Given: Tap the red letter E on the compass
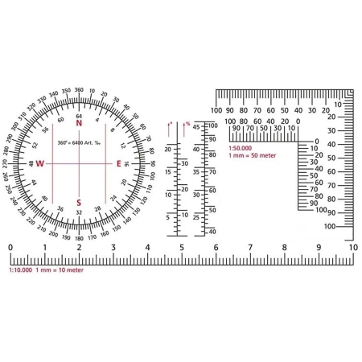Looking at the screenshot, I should point(119,163).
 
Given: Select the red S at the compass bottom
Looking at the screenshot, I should point(79,202).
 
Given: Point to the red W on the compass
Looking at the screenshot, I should point(39,163).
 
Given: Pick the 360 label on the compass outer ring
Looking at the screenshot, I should point(79,90).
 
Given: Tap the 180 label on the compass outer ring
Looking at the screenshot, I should point(79,238).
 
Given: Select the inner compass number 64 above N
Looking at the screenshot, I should point(79,116).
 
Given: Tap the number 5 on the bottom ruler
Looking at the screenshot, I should point(182,248).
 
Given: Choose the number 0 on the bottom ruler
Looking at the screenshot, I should point(10,248).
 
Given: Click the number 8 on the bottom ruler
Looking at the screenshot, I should point(284,248).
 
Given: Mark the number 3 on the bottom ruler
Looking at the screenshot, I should point(113,248).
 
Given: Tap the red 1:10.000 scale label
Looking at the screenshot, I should point(20,270).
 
